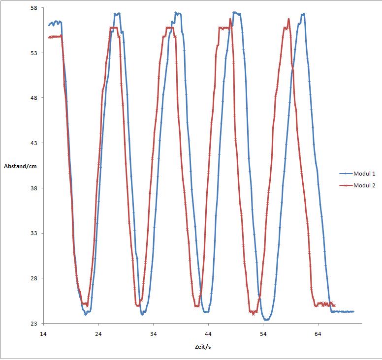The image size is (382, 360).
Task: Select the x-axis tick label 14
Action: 43,333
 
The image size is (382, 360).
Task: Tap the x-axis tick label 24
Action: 98,333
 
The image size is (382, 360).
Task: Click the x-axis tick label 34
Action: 153,333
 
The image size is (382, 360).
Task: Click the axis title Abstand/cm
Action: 20,166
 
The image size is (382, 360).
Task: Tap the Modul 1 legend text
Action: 364,174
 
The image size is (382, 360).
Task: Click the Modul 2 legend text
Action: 364,185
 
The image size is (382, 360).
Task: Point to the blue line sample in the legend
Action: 346,174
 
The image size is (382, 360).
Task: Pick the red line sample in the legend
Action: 346,185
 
